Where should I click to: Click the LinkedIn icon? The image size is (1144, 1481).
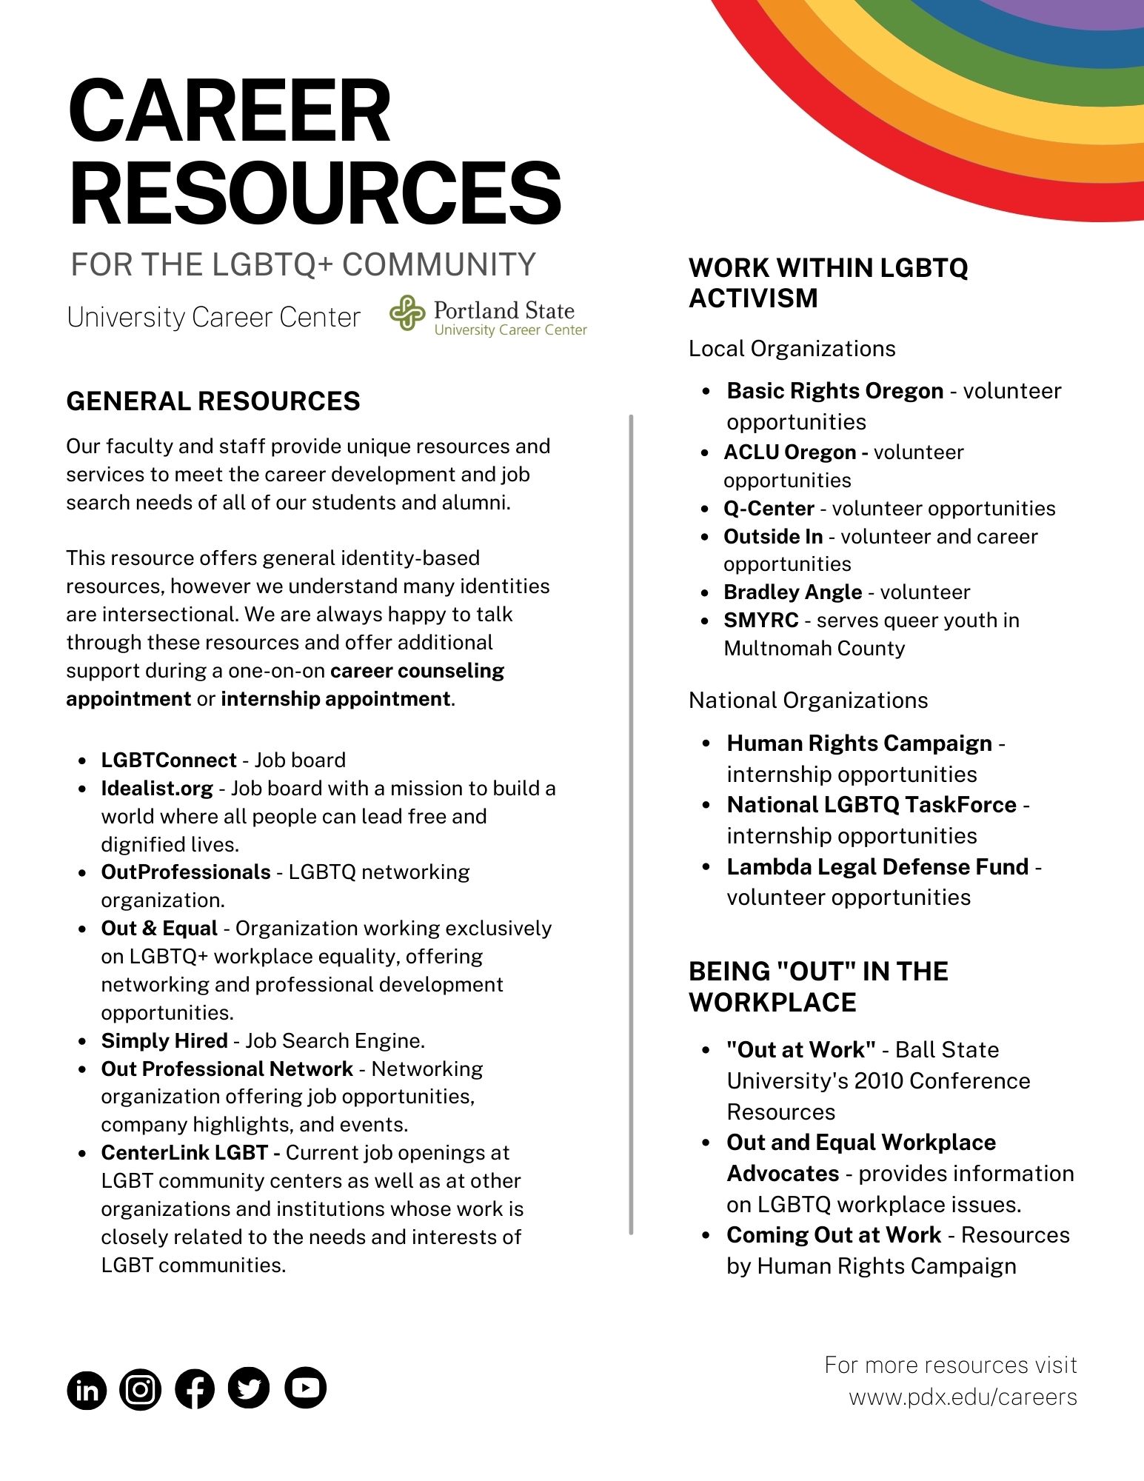click(x=87, y=1389)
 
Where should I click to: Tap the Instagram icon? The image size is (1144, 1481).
click(x=140, y=1388)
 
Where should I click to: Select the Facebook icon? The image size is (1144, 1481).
click(x=195, y=1388)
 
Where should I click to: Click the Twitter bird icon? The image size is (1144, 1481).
click(x=249, y=1388)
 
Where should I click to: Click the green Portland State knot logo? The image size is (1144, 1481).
click(x=407, y=312)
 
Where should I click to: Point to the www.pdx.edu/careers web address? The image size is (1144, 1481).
click(x=963, y=1397)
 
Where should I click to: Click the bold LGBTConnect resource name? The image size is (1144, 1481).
click(x=169, y=760)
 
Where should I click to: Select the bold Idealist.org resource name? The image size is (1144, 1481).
click(x=157, y=789)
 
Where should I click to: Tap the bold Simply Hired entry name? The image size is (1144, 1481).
click(x=164, y=1041)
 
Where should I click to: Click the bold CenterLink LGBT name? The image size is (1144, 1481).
click(x=184, y=1153)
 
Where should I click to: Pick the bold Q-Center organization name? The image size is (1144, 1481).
click(x=769, y=509)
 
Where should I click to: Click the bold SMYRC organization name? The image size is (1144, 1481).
click(x=761, y=621)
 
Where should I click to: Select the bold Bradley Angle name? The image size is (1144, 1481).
click(x=792, y=592)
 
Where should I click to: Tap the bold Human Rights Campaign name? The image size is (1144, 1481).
click(x=859, y=743)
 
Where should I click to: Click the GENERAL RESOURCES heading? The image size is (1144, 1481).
click(x=213, y=401)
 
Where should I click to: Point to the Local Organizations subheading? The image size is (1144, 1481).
click(x=792, y=349)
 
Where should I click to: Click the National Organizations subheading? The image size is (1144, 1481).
click(x=808, y=701)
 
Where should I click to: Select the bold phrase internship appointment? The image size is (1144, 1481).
click(x=335, y=699)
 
